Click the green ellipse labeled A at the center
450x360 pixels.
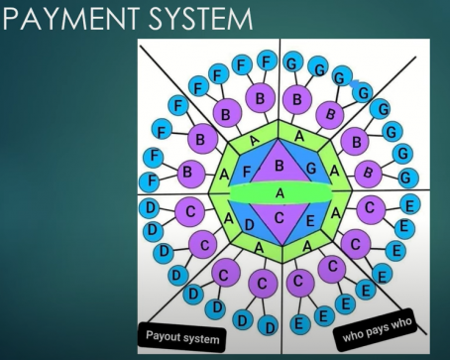pos(280,191)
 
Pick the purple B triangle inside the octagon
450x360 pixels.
pos(280,166)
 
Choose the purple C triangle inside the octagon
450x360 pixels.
pos(280,217)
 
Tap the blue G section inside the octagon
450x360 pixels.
pos(311,170)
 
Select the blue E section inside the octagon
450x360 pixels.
pos(309,221)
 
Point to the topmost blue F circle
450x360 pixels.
pos(267,60)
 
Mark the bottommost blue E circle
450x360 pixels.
pos(298,323)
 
